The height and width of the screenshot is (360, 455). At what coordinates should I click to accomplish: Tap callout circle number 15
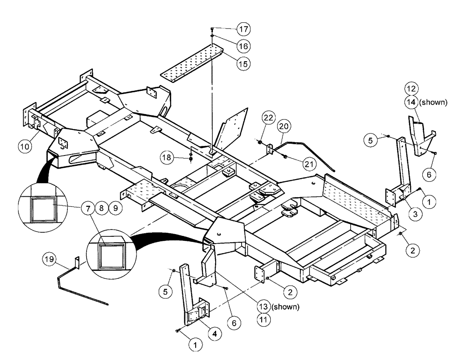(243, 64)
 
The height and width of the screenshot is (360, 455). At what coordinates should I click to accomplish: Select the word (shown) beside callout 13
(286, 307)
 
